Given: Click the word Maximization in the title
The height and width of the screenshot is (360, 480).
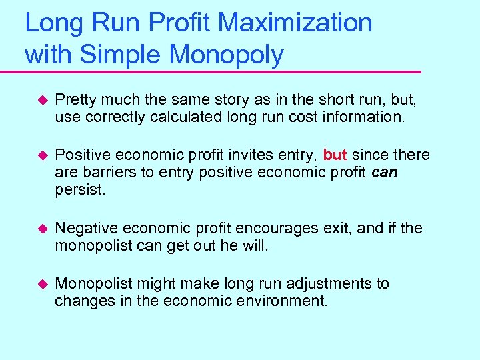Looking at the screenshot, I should (x=295, y=23).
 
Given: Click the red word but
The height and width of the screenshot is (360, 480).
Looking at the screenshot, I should (x=335, y=155).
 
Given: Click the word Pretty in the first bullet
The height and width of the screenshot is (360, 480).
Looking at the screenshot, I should (x=75, y=100).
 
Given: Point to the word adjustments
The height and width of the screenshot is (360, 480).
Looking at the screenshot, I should (x=317, y=284).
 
